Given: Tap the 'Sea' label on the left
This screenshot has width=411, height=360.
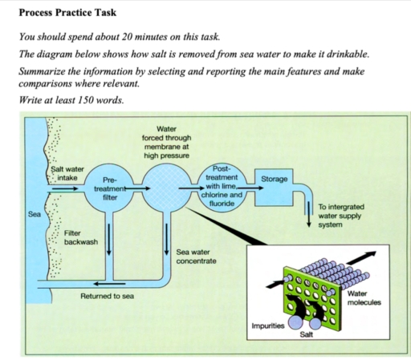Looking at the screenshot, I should click(35, 215).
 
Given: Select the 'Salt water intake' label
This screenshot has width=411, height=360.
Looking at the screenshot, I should click(67, 173).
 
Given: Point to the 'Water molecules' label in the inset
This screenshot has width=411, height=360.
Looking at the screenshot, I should click(364, 298).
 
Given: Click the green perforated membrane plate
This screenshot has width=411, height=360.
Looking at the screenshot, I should click(307, 289).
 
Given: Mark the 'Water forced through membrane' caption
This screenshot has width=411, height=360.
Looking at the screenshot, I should click(166, 142).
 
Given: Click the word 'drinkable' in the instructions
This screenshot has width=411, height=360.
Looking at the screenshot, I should click(340, 55).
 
